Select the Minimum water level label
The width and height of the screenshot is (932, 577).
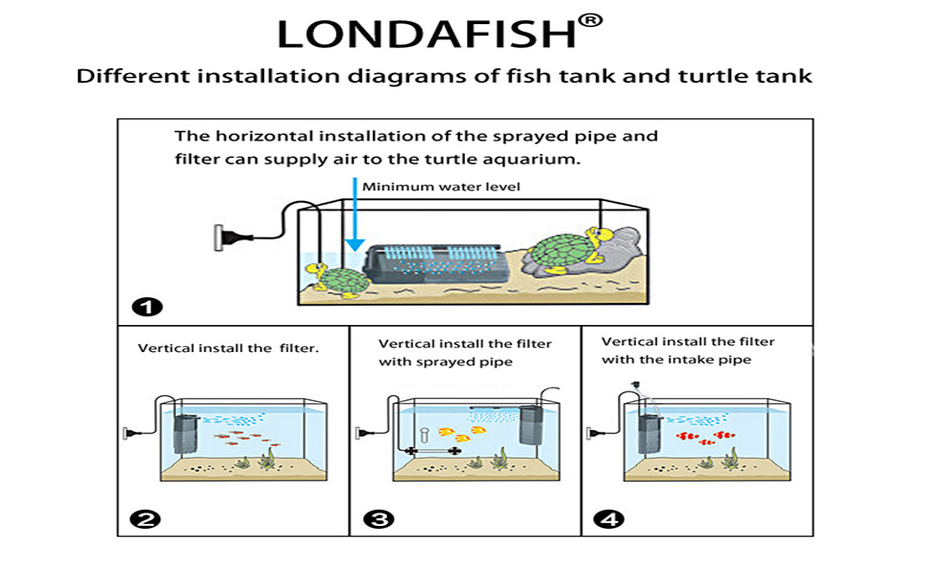(x=441, y=186)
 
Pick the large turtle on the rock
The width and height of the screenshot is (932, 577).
(x=561, y=252)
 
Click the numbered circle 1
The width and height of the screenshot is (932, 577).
(x=147, y=308)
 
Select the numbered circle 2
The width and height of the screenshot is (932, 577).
(x=146, y=520)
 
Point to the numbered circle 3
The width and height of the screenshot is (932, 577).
(x=379, y=520)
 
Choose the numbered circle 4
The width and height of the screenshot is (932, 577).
(x=608, y=520)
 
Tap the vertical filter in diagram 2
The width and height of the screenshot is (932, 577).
(x=186, y=436)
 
